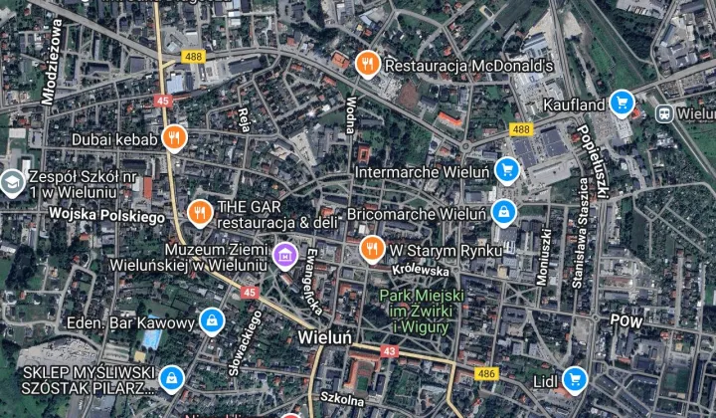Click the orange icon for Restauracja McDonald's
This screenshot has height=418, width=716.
pos(368,65)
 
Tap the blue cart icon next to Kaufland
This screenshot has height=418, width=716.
pos(623,103)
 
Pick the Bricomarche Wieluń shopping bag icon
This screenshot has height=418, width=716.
pos(504,213)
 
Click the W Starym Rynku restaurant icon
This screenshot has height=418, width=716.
pos(372,249)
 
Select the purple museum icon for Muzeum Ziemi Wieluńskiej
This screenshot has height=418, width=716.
pos(285,257)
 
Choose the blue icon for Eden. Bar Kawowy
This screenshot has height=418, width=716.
pos(211,321)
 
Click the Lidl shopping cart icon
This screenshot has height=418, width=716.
pos(574,379)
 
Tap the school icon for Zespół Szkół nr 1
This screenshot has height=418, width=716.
pos(11,182)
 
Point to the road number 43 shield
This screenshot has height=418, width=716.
pos(390,351)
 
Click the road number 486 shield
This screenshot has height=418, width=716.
pos(486,372)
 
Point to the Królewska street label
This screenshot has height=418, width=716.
pos(421,271)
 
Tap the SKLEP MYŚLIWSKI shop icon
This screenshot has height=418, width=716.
pos(173,377)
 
